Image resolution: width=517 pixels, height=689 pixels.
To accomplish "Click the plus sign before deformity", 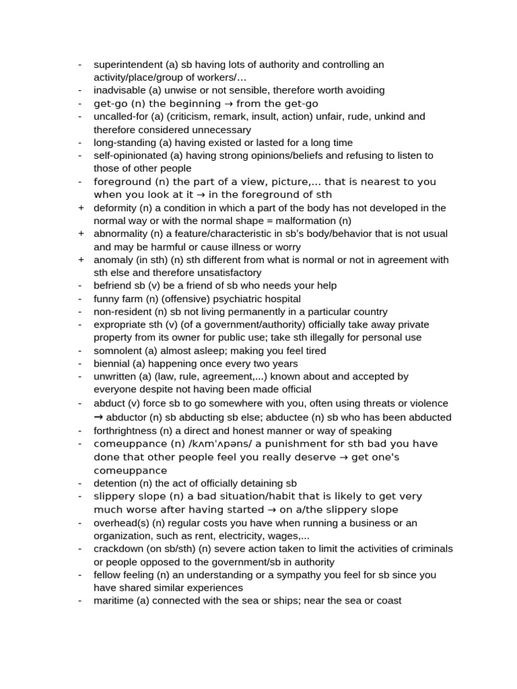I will [81, 208].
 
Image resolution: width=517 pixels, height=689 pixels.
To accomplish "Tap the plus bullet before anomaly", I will [81, 260].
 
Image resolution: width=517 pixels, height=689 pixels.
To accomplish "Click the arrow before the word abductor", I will [98, 417].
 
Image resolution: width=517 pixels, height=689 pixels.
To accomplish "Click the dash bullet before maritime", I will [81, 601].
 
